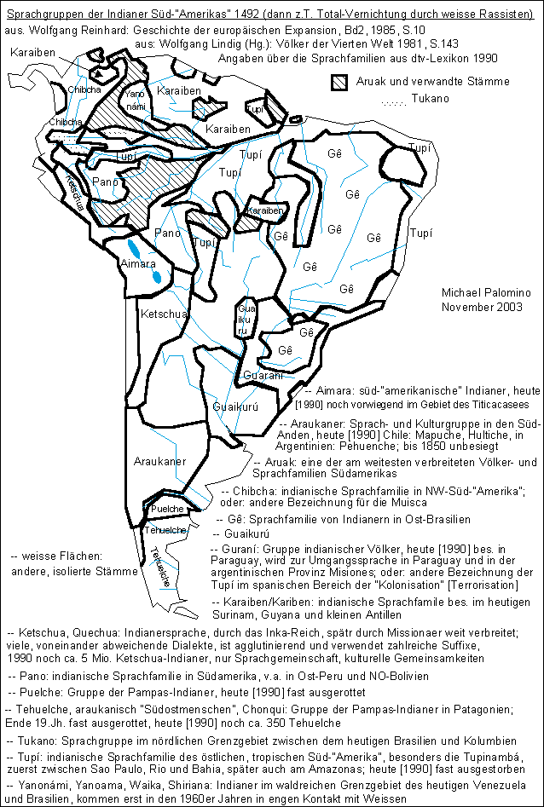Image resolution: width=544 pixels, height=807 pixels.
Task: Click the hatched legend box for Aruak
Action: click(x=341, y=82)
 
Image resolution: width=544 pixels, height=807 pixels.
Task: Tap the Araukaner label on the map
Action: click(x=160, y=461)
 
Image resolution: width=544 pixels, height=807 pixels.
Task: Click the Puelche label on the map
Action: click(x=167, y=509)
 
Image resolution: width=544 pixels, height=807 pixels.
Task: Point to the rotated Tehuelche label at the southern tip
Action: click(x=159, y=565)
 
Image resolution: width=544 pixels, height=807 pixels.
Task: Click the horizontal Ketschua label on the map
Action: click(x=162, y=314)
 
